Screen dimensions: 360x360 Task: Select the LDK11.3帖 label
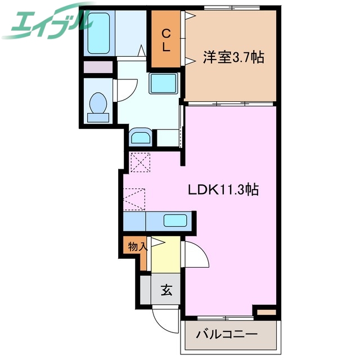tap(223, 190)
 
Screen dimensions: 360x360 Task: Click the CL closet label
tap(166, 40)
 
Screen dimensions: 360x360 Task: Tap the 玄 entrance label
tap(166, 291)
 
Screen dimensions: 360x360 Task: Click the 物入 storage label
tap(137, 246)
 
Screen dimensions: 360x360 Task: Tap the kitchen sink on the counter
tap(176, 220)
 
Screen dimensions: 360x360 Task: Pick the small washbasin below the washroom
tap(140, 137)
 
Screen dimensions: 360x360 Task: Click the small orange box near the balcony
tap(267, 311)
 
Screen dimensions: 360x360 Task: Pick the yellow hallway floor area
tap(166, 253)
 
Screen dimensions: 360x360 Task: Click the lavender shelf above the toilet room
tap(98, 67)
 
